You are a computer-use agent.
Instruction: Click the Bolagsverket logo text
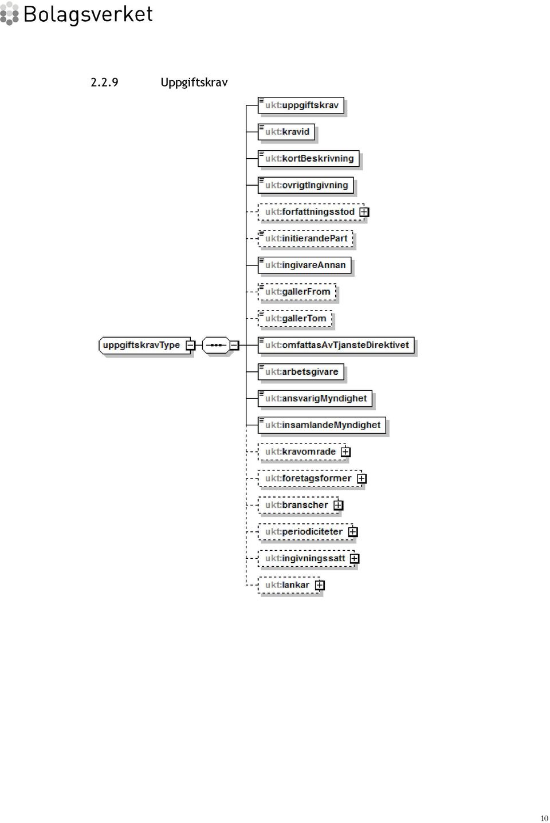[x=88, y=15]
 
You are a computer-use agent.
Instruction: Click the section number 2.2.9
[x=104, y=83]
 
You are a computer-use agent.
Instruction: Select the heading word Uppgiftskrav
[x=194, y=83]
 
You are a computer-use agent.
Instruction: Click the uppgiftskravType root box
[x=145, y=346]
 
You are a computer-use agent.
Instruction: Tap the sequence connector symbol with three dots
[x=216, y=346]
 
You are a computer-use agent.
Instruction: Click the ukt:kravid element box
[x=286, y=132]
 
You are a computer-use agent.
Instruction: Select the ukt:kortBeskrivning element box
[x=309, y=159]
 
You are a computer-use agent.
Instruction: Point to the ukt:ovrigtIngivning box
[x=306, y=185]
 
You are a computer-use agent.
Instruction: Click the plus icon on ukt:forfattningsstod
[x=364, y=212]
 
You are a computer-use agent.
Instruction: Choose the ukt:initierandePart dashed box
[x=305, y=238]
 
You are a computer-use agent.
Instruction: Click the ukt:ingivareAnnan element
[x=305, y=265]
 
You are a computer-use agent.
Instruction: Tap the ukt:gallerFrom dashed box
[x=297, y=292]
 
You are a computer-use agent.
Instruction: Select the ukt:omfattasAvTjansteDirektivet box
[x=336, y=346]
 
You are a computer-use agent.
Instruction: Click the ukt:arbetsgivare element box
[x=301, y=372]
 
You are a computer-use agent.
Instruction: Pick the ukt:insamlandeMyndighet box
[x=322, y=425]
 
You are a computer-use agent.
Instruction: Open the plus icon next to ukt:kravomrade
[x=345, y=452]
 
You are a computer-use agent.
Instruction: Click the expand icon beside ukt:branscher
[x=338, y=505]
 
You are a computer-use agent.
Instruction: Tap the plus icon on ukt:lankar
[x=320, y=585]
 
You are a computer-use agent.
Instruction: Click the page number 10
[x=544, y=818]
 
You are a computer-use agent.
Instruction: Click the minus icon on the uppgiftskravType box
[x=190, y=346]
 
